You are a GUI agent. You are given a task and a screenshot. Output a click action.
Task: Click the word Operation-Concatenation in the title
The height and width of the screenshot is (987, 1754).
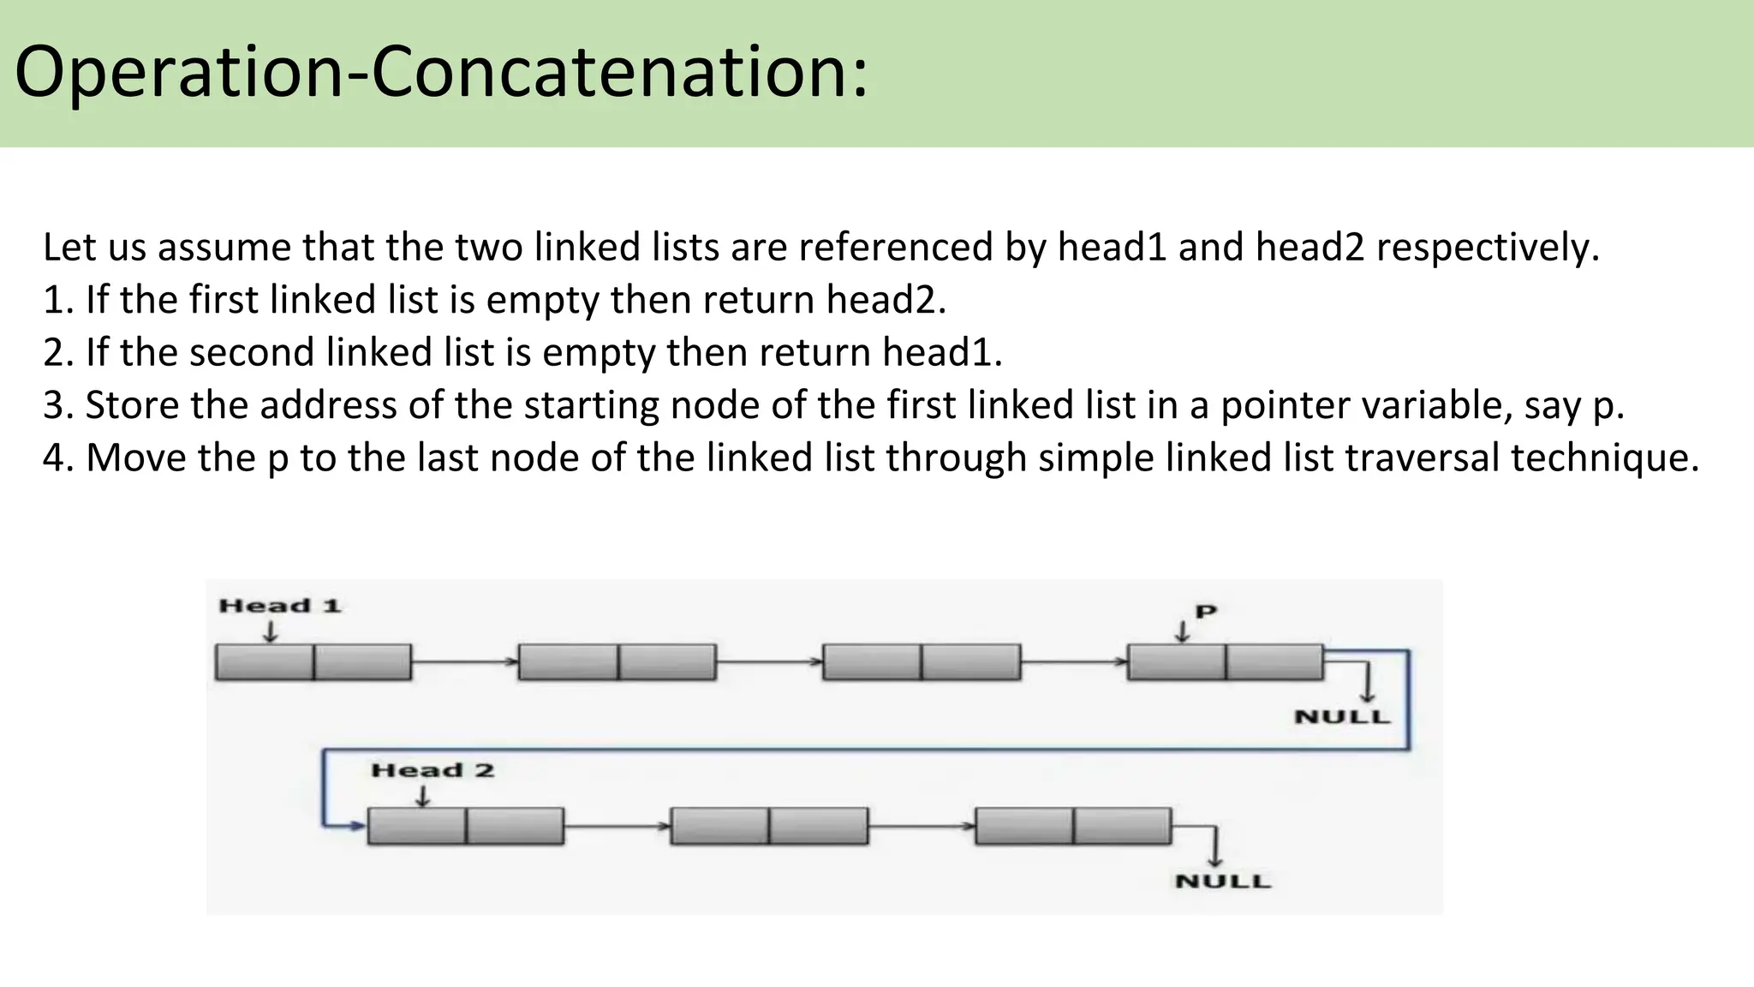(x=441, y=72)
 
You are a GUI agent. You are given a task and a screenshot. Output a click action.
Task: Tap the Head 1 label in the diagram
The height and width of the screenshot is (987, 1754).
(x=280, y=606)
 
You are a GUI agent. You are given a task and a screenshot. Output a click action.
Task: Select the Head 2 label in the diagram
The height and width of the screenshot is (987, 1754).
(x=433, y=770)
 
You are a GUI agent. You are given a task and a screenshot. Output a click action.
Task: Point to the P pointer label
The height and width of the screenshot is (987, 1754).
(x=1206, y=612)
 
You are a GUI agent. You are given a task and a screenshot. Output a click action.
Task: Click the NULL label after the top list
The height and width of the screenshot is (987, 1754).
(x=1342, y=717)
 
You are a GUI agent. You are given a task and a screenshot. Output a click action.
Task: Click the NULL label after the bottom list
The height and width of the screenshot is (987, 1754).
(x=1223, y=882)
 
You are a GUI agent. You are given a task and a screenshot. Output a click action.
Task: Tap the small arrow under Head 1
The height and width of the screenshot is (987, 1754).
(x=271, y=631)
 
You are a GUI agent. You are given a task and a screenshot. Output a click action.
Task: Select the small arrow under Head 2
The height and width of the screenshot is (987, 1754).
(x=422, y=796)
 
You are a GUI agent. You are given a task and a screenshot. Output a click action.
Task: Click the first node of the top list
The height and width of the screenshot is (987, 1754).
(x=313, y=662)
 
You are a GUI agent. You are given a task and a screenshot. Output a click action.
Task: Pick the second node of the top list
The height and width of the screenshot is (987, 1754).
(x=617, y=662)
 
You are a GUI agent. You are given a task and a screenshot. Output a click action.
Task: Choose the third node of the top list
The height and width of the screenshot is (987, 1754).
(x=922, y=662)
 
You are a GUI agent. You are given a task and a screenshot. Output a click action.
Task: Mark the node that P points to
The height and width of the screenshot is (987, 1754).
(x=1226, y=662)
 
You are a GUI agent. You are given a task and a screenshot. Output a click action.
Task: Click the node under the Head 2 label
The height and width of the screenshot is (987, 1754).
(x=466, y=826)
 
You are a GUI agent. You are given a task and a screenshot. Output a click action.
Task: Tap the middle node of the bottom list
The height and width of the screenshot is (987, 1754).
(x=769, y=826)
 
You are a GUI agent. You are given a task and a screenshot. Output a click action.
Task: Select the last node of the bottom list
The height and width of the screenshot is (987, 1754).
(x=1073, y=826)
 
